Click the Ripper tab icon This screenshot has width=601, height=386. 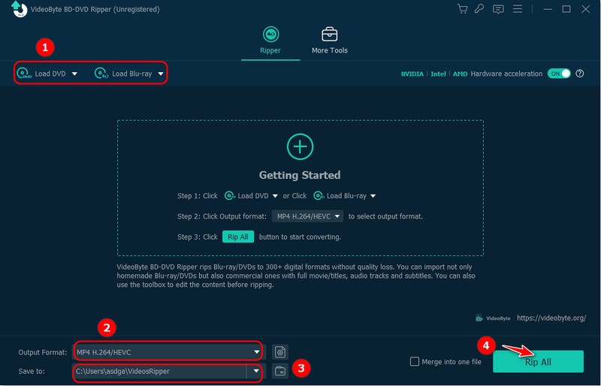coord(270,35)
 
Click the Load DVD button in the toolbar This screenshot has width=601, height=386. coord(48,74)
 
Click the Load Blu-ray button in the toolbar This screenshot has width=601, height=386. coord(128,74)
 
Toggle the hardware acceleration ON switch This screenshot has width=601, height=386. coord(559,74)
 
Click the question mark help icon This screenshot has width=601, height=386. coord(579,74)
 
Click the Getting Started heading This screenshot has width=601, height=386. coord(300,175)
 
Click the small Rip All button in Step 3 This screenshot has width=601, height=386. coord(237,237)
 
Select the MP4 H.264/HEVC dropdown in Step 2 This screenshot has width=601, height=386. coord(307,216)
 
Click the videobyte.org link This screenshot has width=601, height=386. coord(551,318)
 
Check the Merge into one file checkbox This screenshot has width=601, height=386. coord(415,361)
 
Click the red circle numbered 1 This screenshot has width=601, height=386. coord(46,47)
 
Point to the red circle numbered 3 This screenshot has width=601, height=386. coord(300,368)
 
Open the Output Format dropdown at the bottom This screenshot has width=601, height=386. coord(167,351)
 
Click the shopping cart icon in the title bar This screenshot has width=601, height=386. coord(462,9)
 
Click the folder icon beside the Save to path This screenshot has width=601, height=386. coord(279,371)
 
